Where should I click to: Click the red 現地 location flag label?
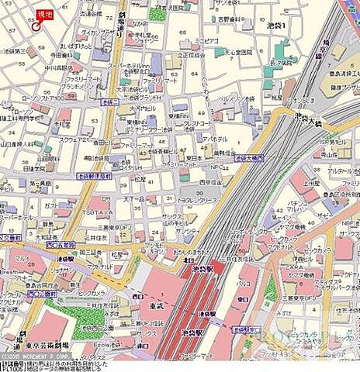45,12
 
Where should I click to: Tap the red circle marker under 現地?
36,22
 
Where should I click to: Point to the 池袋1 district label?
275,26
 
